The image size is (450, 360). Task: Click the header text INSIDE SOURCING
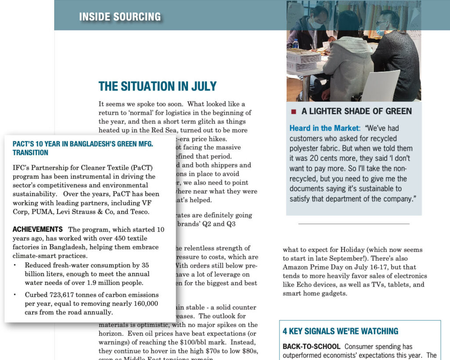(120, 17)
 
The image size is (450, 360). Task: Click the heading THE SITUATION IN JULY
(157, 86)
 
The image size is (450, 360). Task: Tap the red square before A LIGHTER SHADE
(294, 112)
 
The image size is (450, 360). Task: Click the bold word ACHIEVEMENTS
(37, 229)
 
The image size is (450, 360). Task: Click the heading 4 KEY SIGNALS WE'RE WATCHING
(340, 331)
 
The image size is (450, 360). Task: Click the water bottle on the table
(295, 44)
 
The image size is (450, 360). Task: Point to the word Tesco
(139, 211)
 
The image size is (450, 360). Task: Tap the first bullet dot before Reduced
(15, 265)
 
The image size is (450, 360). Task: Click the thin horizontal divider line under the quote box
(353, 224)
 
